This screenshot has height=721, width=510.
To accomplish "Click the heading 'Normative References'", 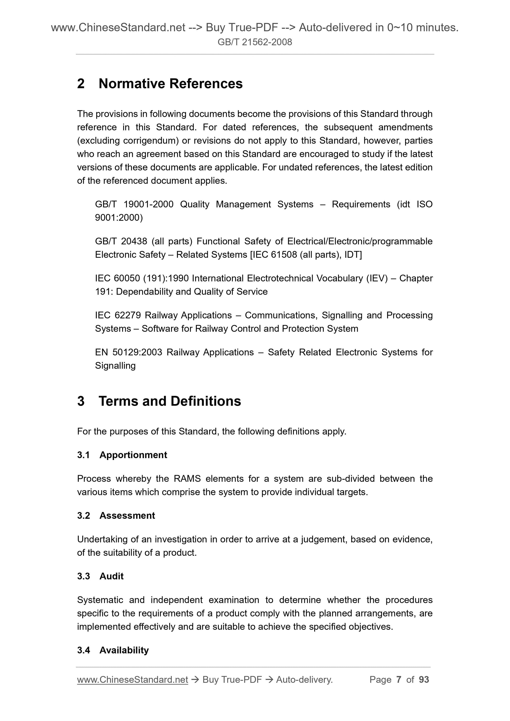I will (170, 84).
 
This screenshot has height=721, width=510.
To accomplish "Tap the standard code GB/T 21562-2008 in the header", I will (255, 42).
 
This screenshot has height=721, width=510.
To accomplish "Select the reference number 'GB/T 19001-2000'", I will (134, 205).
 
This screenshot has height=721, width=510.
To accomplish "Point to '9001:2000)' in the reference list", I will (119, 218).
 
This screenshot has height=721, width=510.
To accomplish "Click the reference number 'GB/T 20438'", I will (121, 241).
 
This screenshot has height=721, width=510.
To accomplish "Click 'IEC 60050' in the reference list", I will (117, 278).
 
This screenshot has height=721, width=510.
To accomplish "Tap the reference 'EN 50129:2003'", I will (128, 352).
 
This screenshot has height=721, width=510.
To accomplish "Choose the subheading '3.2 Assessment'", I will (116, 516).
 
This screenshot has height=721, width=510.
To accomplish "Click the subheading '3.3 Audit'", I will (101, 576).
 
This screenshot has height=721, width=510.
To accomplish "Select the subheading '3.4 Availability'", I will (113, 650).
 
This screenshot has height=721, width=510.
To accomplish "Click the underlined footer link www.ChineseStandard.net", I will (133, 680).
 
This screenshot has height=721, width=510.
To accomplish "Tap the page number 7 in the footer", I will (399, 680).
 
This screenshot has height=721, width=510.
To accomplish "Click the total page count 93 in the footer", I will (424, 680).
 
